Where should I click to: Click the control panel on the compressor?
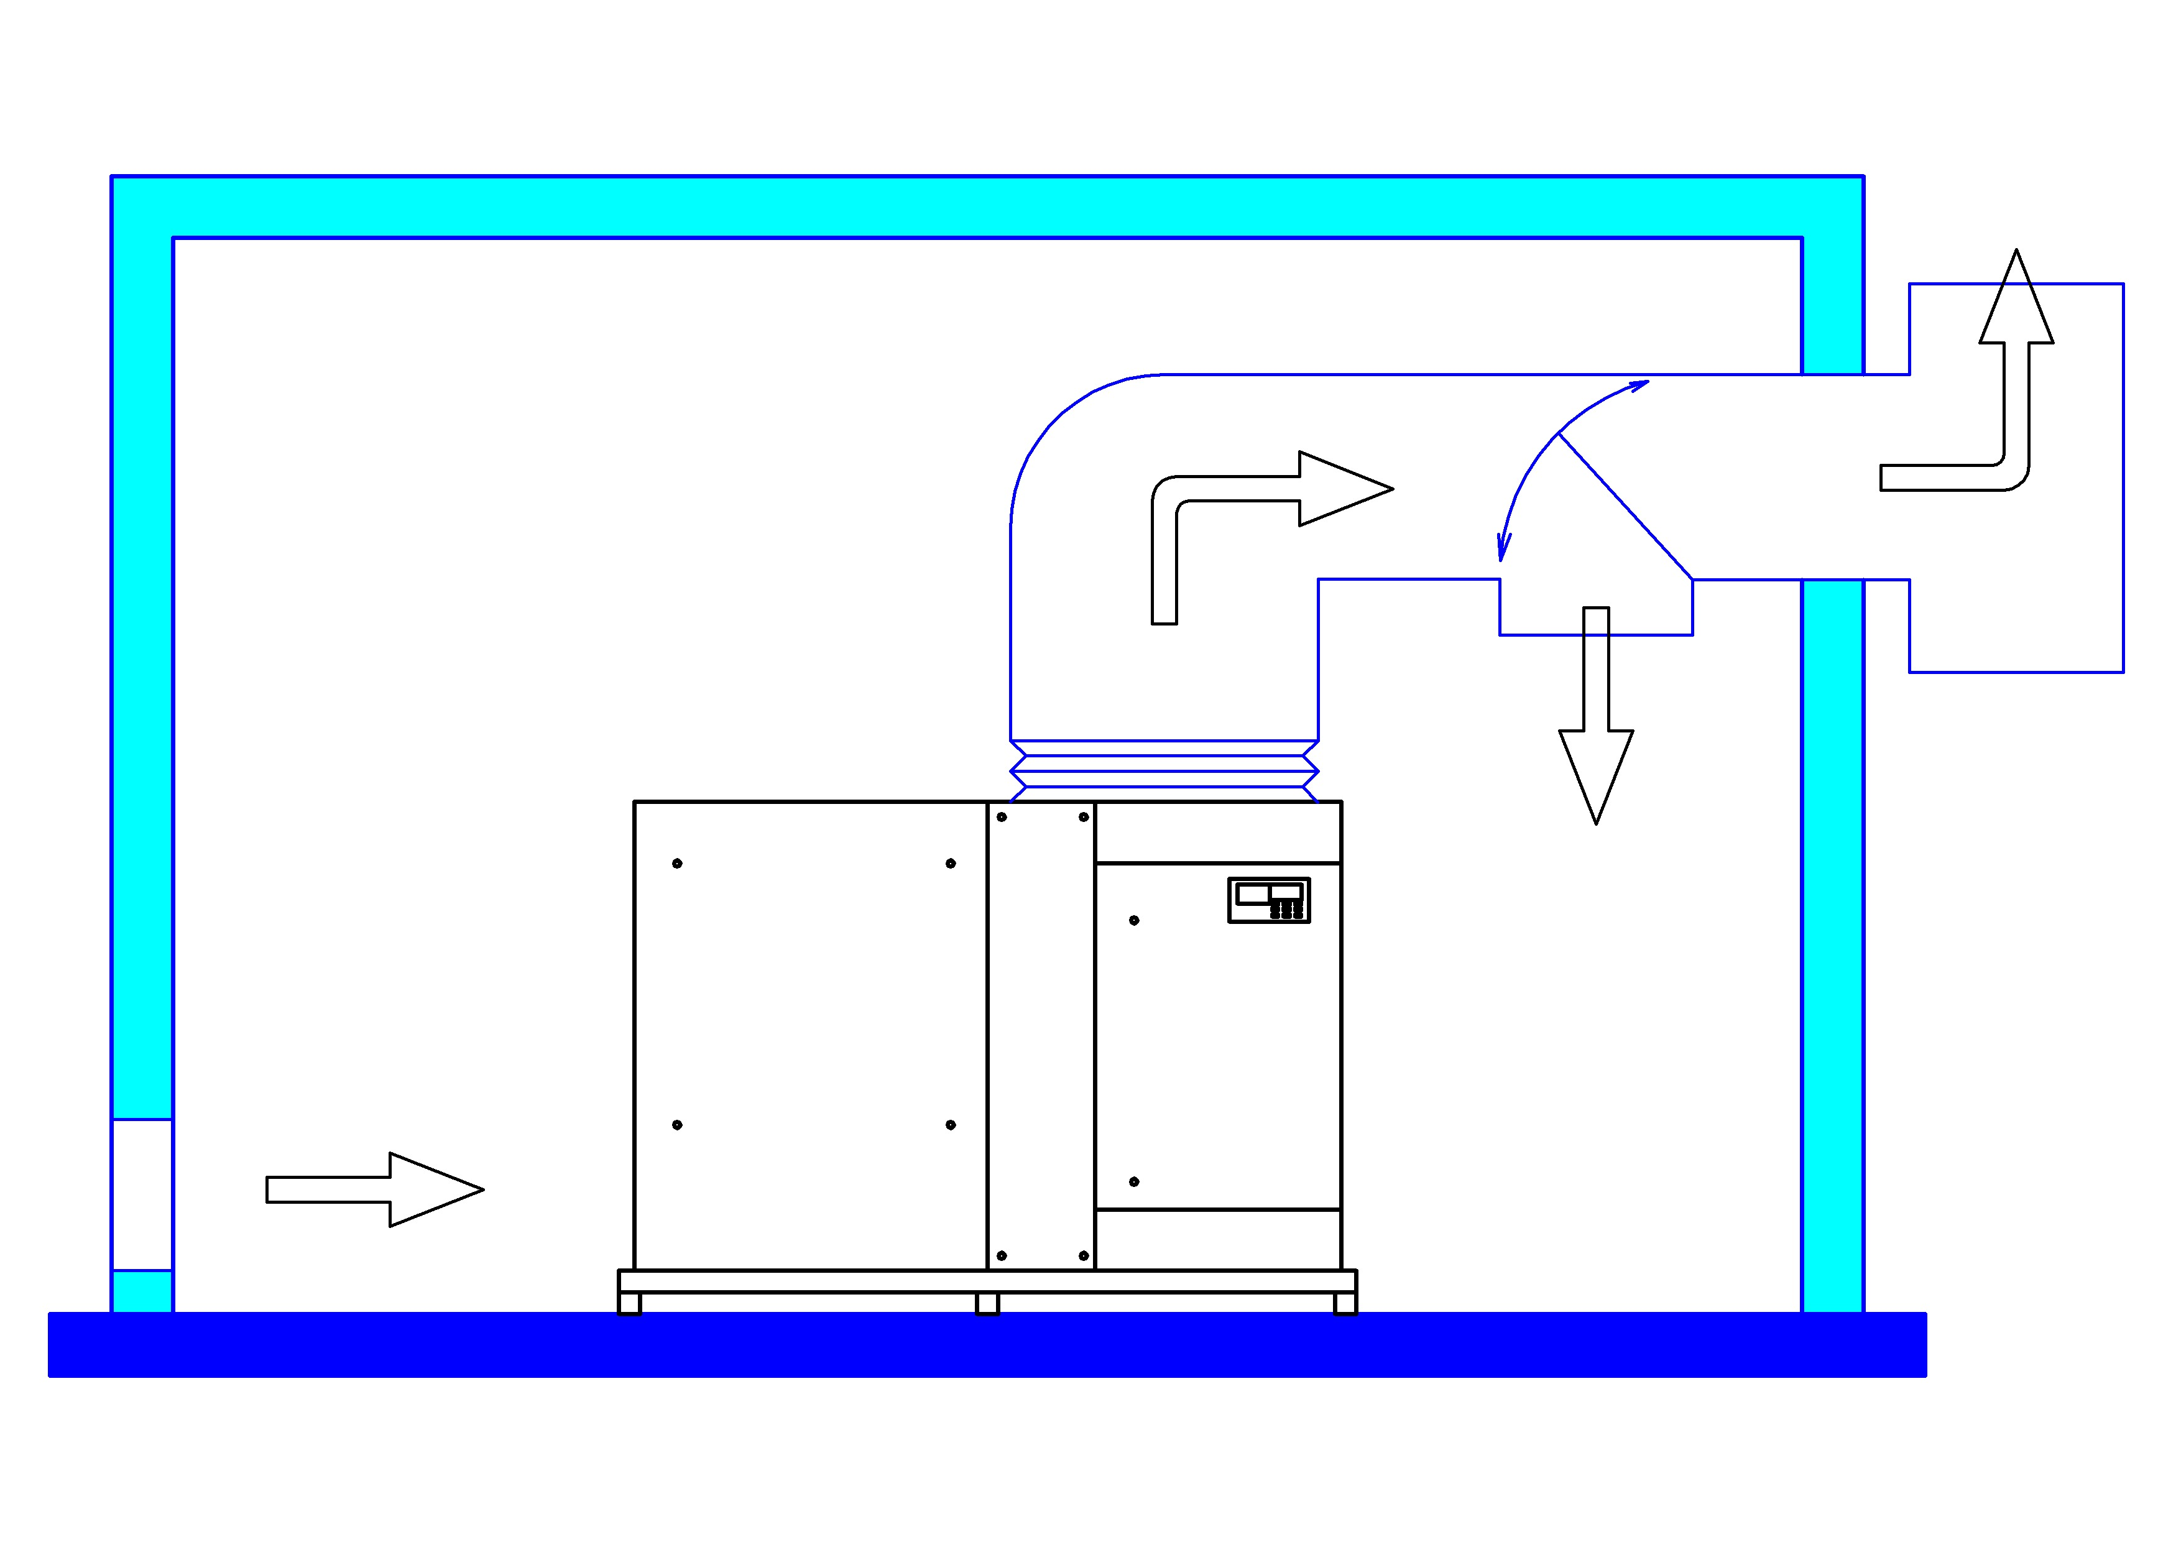1269,900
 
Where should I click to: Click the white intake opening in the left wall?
142,1194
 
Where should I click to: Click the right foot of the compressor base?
1345,1303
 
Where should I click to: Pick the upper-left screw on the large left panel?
677,864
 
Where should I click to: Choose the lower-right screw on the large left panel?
950,1125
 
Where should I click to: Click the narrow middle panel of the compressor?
1041,1036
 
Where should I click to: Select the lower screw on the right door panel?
1134,1182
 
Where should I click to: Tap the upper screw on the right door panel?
1134,921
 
